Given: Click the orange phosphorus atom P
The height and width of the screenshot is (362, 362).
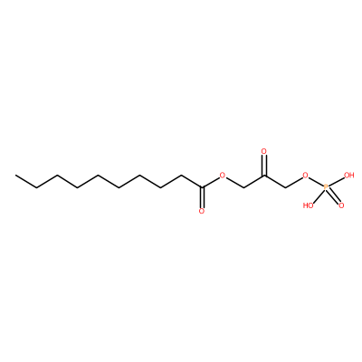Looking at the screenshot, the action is [326, 187].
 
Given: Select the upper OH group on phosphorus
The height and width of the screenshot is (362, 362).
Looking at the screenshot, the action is [348, 176].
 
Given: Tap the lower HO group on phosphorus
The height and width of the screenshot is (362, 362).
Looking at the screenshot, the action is [308, 205].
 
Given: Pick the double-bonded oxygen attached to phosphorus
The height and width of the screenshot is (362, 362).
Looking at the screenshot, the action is [341, 205].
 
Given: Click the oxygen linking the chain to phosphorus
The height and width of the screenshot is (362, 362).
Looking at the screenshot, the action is [306, 176].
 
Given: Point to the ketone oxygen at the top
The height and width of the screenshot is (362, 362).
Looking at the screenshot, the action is [264, 151].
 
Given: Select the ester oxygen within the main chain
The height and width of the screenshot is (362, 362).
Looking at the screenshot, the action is [223, 176].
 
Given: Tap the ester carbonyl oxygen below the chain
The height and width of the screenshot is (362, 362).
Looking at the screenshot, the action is [202, 211].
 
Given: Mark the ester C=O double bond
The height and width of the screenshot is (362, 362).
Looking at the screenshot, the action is [202, 197].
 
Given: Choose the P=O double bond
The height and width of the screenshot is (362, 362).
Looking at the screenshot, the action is [334, 196].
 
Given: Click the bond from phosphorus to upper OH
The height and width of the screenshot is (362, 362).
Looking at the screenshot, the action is [336, 182].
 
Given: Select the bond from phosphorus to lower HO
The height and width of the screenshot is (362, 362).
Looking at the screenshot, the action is [318, 196].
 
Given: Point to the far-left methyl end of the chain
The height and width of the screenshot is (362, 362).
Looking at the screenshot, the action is [15, 176].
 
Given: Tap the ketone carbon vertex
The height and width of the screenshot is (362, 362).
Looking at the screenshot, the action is [264, 176].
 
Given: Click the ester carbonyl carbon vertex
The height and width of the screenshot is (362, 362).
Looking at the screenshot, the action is [202, 187].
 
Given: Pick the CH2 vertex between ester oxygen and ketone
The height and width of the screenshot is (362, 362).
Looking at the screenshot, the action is [243, 187].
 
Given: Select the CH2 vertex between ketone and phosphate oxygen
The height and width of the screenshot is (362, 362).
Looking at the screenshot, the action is [285, 187].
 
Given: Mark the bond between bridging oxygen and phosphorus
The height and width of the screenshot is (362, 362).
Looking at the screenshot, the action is [316, 182].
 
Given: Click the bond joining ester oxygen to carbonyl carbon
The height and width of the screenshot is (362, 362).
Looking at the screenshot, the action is [211, 182].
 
